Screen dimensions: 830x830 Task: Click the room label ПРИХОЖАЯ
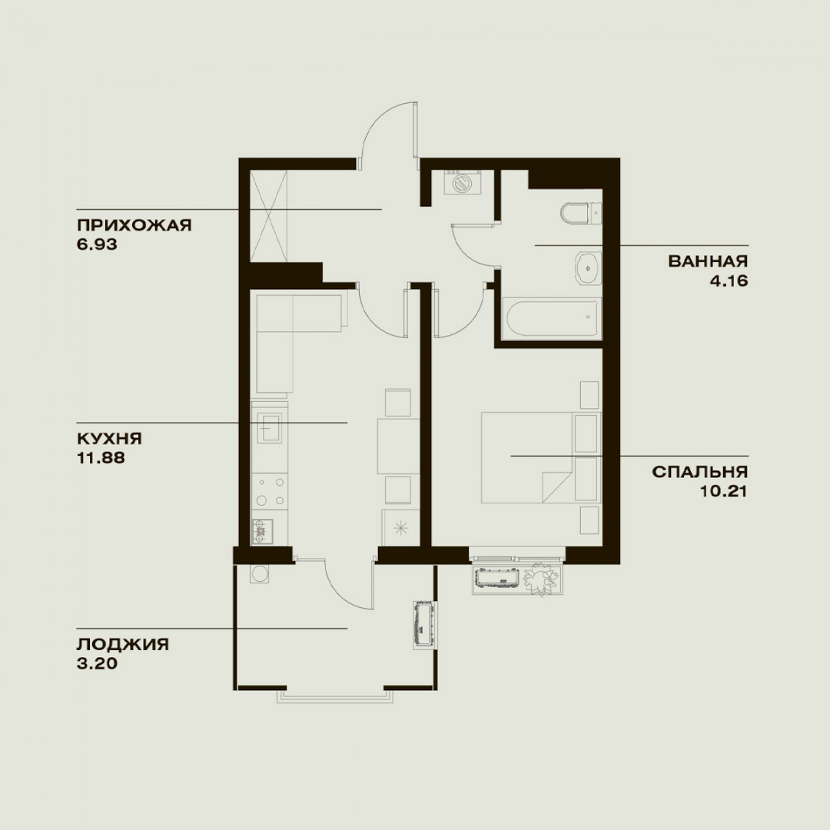coord(134,225)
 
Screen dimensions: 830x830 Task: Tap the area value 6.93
coord(97,244)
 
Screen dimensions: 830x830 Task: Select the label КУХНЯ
coord(110,439)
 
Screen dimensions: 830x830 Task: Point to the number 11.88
coord(101,458)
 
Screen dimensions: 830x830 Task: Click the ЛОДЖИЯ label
coord(123,644)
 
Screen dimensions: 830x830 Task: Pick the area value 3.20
coord(97,664)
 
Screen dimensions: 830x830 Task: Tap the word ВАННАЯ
coord(708,261)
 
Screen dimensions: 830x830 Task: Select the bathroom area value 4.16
coord(729,281)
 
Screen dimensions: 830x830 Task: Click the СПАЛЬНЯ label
coord(700,472)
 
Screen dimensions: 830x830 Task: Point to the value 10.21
coord(724,491)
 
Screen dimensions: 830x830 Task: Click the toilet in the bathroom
coord(581,214)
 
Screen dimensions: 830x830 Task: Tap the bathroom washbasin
coord(588,268)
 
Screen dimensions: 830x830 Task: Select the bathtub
coord(553,319)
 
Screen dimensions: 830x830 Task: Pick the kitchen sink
coord(270,427)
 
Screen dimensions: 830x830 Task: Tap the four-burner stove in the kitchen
coord(270,490)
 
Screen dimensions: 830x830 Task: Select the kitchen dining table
coord(398,447)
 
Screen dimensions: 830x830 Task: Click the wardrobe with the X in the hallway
coord(268,216)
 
